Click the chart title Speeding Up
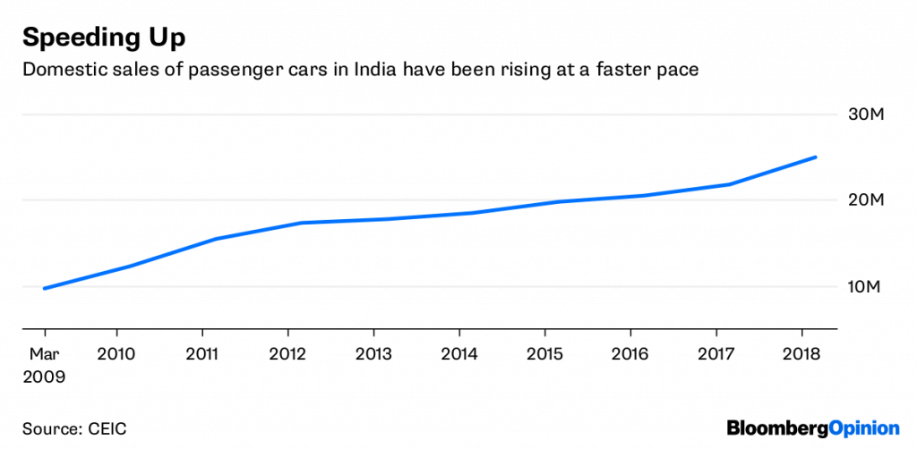104,38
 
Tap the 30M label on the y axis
865,115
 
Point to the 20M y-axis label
865,200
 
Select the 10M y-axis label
865,286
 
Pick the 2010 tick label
116,353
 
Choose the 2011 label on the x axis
203,353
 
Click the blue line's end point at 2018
815,157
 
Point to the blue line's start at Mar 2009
45,288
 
